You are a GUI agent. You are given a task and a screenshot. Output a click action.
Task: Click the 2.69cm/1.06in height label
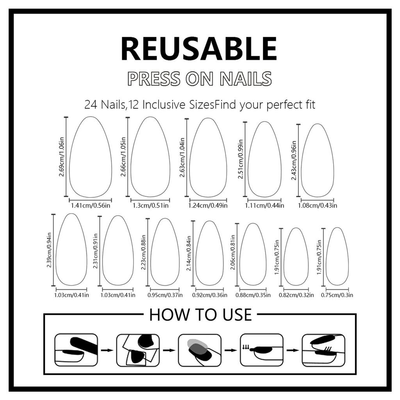click(61, 157)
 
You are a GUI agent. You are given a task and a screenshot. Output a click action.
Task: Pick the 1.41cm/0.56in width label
click(91, 205)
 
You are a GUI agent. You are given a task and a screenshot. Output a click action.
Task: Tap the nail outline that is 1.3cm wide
click(150, 157)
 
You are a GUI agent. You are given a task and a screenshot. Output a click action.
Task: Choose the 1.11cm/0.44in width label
click(264, 205)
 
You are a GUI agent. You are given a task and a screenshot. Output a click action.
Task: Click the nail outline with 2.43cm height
click(318, 161)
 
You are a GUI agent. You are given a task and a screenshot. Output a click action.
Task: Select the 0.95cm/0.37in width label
click(165, 295)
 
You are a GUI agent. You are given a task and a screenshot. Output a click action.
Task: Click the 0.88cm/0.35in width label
click(253, 295)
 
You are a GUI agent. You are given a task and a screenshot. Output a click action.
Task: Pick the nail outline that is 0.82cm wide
click(296, 257)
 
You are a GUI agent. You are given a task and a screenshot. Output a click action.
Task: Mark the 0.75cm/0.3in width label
click(337, 295)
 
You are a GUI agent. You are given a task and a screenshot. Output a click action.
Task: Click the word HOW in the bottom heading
click(166, 315)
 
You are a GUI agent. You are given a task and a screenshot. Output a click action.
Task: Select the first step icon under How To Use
click(76, 350)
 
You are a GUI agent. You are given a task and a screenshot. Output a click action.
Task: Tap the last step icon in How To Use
click(323, 350)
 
